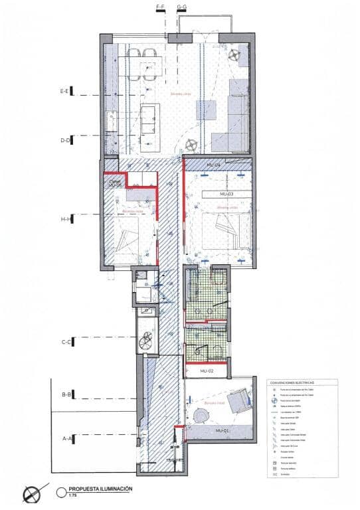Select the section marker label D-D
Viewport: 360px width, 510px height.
pyautogui.click(x=66, y=140)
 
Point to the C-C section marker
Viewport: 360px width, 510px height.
pyautogui.click(x=66, y=343)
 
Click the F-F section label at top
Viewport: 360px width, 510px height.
pyautogui.click(x=160, y=7)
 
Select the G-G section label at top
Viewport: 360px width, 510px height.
pyautogui.click(x=181, y=7)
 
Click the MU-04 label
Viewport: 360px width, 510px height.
pyautogui.click(x=213, y=163)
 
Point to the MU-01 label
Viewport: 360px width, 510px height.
pyautogui.click(x=222, y=432)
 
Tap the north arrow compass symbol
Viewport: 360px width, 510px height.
pyautogui.click(x=30, y=494)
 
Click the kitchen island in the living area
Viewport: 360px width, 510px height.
pyautogui.click(x=149, y=118)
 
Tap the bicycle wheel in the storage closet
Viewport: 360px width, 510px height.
pyautogui.click(x=145, y=343)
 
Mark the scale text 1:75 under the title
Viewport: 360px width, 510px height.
pyautogui.click(x=72, y=495)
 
